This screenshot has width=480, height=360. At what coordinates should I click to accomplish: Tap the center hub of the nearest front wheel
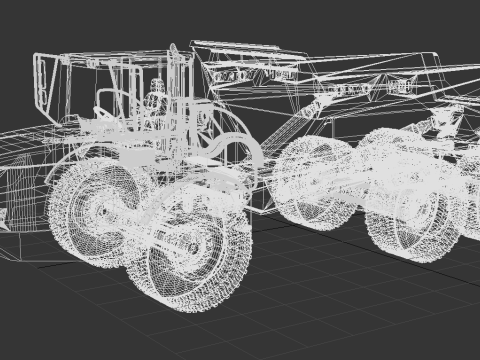pos(191,248)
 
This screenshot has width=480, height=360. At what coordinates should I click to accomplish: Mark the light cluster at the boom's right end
pos(345,89)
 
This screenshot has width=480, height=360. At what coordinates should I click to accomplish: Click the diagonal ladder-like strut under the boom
pos(290,125)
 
